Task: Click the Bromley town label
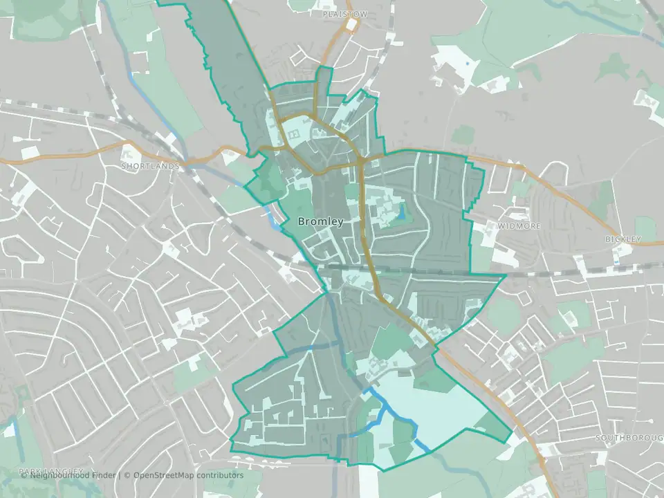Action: tap(320, 222)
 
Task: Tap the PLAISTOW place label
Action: tap(345, 14)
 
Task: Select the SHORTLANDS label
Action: tap(150, 167)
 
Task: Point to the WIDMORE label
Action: tap(519, 226)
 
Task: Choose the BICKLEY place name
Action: tap(623, 239)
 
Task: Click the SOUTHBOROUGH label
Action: tap(629, 439)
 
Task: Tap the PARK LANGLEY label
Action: tap(52, 471)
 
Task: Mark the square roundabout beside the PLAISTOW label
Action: tap(351, 26)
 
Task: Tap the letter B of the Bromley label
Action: tap(301, 222)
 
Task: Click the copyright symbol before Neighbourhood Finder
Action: tap(24, 475)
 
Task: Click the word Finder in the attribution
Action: tap(102, 475)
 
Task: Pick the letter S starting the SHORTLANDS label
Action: tap(123, 167)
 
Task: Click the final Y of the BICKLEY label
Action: tap(638, 239)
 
